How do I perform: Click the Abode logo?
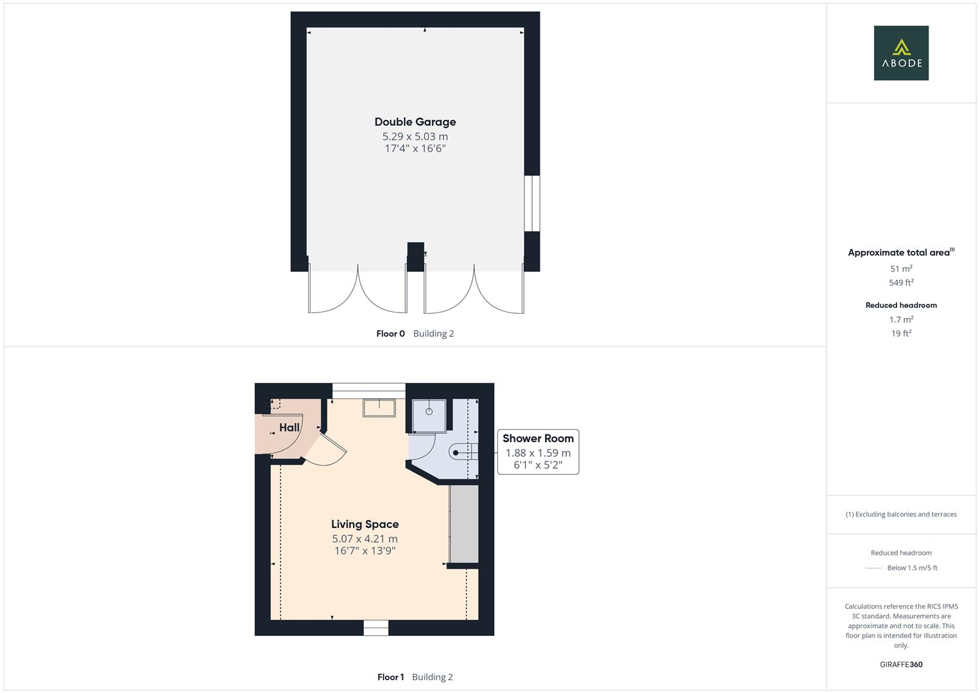901,53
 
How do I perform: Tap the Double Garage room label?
415,122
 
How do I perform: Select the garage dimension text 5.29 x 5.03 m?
415,136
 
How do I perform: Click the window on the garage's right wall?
532,203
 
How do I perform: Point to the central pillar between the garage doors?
415,256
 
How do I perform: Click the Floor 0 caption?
390,334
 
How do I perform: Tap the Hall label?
289,427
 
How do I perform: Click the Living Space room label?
365,524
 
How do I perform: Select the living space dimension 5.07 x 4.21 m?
365,539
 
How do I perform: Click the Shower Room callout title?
538,438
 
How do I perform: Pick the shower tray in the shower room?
429,415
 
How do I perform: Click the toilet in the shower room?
463,452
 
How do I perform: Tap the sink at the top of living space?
379,407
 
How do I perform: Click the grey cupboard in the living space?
463,524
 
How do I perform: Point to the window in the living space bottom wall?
376,628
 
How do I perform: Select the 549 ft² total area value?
901,282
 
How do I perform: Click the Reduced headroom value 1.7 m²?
901,320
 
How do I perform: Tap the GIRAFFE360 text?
901,665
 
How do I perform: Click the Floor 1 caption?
390,677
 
